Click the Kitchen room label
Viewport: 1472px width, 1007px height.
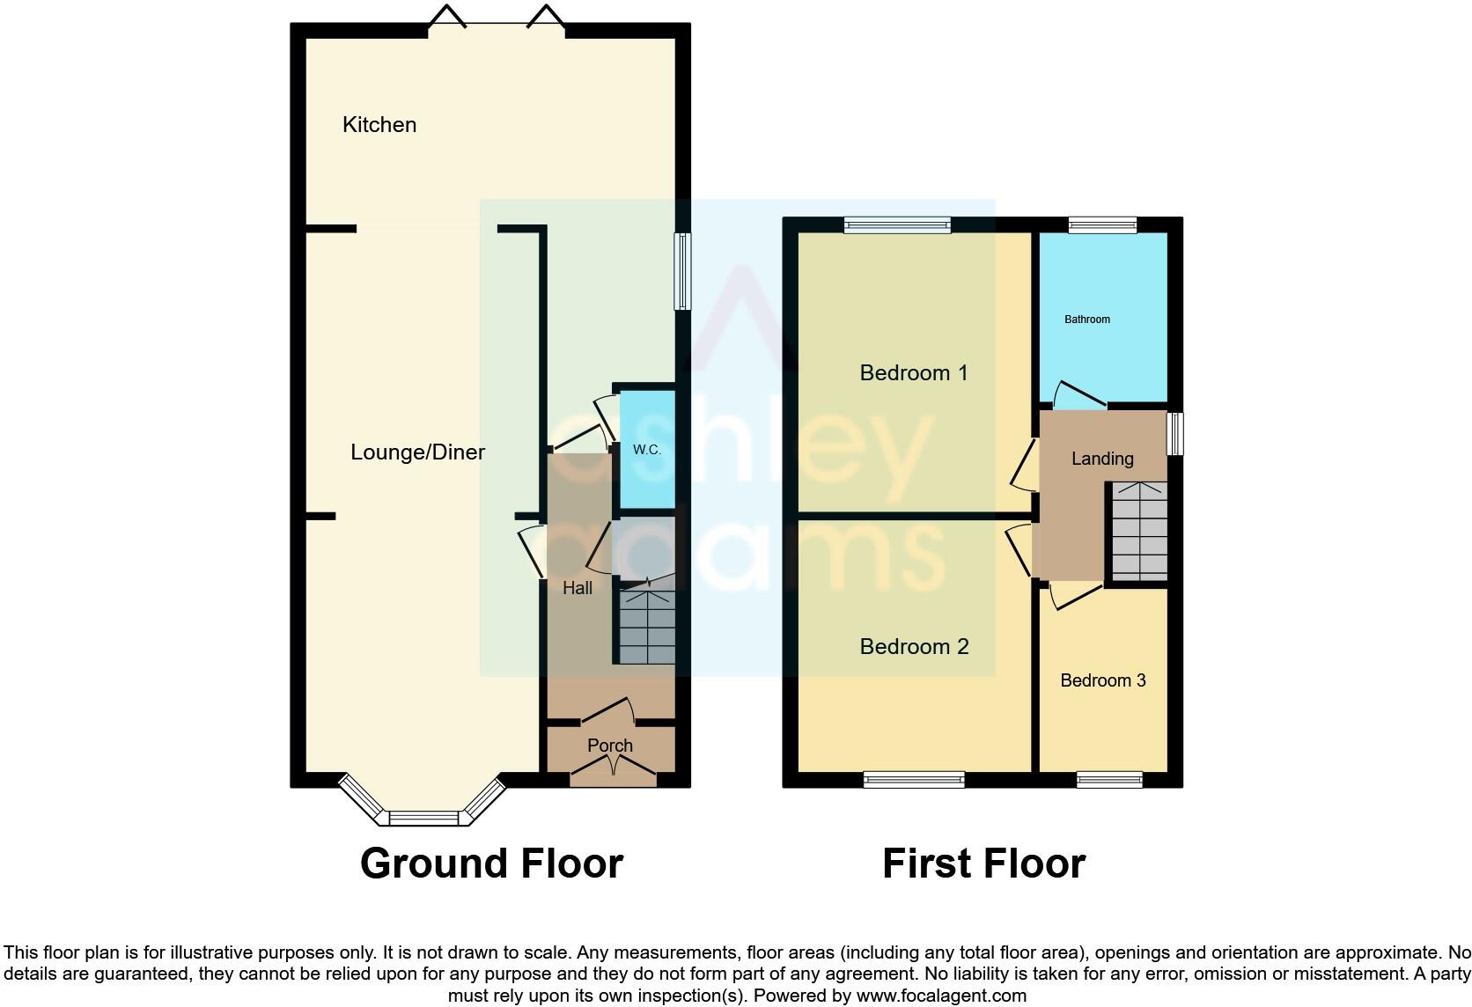379,125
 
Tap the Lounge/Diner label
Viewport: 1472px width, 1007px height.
417,452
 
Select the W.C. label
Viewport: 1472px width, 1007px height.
647,450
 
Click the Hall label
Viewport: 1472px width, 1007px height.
578,588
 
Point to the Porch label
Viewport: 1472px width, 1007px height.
610,746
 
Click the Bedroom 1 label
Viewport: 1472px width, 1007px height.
914,373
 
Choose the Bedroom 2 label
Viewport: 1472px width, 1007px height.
914,647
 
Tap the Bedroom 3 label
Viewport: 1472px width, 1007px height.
1103,680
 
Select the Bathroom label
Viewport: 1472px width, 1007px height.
1087,320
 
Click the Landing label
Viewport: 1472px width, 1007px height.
1102,459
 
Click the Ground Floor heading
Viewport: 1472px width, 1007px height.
491,864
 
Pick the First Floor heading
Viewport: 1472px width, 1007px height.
983,864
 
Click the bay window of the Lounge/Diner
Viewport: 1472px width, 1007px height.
424,817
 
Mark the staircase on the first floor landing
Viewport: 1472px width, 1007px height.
1138,530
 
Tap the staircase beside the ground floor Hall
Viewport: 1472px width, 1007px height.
647,627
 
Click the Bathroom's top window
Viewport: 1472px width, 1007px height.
1102,225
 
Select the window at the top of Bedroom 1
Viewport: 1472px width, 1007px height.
897,225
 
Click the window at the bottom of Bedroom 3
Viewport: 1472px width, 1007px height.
1109,780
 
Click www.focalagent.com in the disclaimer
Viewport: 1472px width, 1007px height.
941,996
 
